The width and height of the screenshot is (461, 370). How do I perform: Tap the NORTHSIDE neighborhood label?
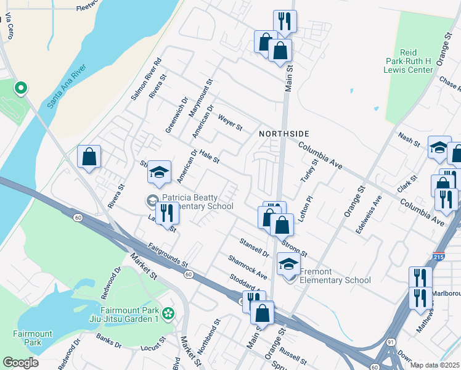coord(284,134)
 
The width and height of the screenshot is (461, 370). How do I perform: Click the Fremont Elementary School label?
coord(335,276)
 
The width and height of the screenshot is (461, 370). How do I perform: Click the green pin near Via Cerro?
coord(20,89)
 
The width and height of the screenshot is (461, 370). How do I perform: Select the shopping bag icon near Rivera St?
coord(89,157)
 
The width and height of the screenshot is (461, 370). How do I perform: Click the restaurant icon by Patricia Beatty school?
coord(167,213)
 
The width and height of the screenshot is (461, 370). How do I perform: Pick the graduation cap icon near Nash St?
coord(439,148)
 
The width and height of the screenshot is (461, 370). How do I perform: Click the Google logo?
coord(20,363)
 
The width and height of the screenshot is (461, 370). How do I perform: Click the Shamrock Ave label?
coord(247,267)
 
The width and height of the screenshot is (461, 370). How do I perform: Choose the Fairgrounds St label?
coord(168,255)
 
